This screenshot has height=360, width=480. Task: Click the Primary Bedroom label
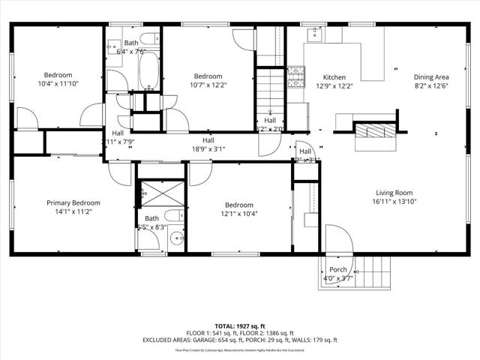(73, 202)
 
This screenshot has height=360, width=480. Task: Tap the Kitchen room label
(334, 77)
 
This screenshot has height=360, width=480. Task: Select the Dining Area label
(431, 77)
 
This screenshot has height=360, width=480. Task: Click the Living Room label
(394, 193)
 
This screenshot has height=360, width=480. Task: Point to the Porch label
(338, 270)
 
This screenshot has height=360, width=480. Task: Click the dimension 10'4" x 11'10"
(58, 85)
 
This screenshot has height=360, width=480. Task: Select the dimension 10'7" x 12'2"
(208, 85)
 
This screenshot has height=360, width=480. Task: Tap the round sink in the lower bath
(176, 239)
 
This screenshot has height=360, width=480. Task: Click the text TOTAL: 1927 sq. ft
(240, 326)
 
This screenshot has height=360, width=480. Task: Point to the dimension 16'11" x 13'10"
(394, 202)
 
